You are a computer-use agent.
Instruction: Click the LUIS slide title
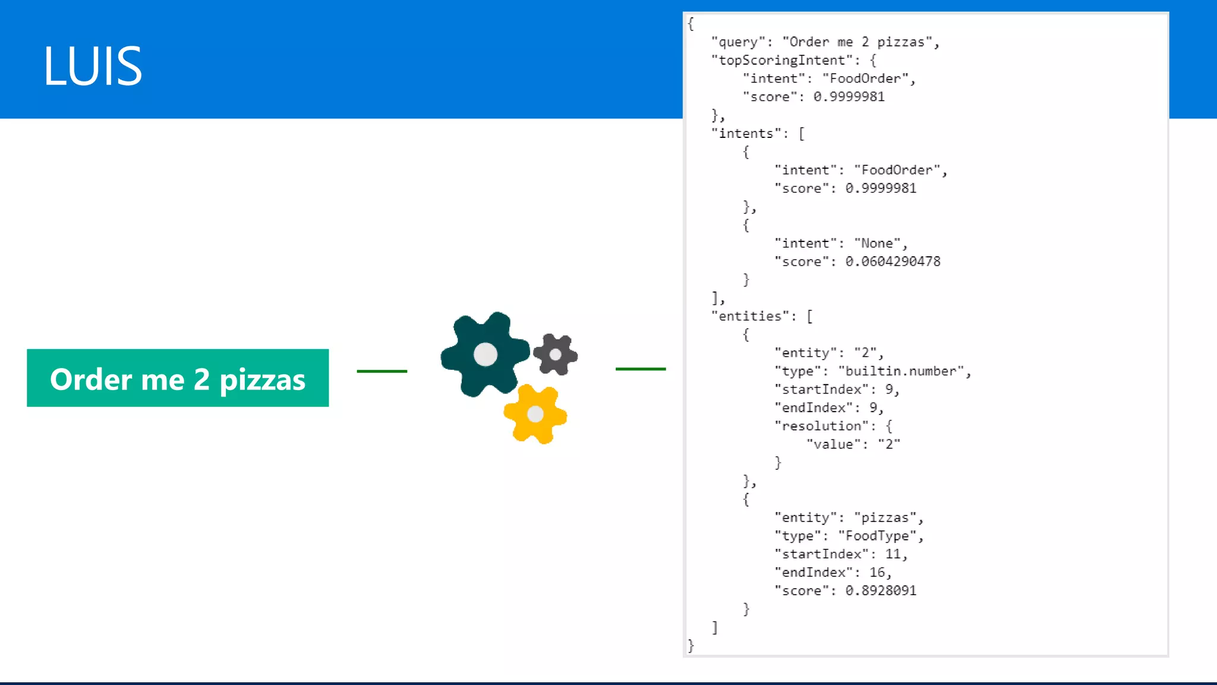(93, 65)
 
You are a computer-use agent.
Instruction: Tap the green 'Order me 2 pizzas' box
(178, 378)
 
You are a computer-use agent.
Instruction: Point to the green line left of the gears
(382, 371)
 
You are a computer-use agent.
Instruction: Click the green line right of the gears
(641, 369)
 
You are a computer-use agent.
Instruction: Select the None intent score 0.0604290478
(893, 262)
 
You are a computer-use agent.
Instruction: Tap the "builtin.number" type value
(901, 371)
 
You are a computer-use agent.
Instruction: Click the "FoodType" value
(877, 536)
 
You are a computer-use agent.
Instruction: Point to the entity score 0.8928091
(881, 590)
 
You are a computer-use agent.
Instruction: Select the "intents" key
(746, 133)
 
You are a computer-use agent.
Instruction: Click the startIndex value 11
(893, 554)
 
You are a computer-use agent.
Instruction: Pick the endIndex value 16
(877, 572)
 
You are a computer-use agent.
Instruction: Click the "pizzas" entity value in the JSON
(885, 517)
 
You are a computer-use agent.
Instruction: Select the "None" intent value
(877, 243)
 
